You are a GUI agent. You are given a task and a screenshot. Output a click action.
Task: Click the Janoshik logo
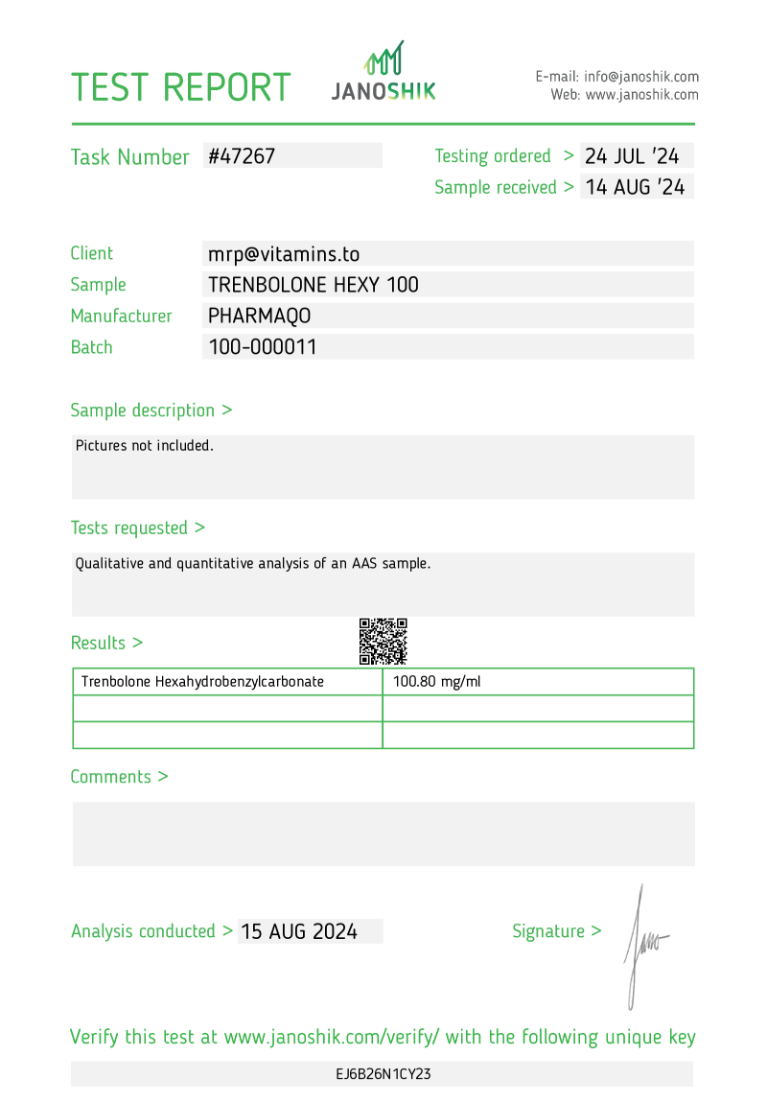click(383, 72)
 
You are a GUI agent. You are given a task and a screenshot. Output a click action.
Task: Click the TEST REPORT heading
click(180, 87)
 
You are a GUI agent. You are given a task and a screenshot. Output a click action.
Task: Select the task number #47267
click(242, 156)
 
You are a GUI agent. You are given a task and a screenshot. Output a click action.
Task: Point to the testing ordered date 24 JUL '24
click(632, 156)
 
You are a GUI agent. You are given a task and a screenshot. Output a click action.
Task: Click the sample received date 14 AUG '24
click(635, 187)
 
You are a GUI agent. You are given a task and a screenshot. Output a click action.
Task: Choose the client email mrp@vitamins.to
click(284, 254)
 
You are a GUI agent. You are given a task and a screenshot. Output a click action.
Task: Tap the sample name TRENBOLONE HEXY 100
click(314, 285)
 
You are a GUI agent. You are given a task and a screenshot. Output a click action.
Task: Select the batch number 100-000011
click(263, 347)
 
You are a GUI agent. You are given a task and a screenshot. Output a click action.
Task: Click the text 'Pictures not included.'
click(145, 445)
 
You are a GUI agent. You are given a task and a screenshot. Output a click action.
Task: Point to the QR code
click(383, 642)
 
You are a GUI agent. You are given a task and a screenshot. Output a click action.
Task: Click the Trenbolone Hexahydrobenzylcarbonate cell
click(202, 682)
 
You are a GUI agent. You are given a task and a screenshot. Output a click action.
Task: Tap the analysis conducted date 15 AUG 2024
click(299, 931)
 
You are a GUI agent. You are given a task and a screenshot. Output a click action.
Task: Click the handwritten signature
click(641, 945)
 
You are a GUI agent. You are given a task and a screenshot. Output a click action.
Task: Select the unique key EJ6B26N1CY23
click(383, 1074)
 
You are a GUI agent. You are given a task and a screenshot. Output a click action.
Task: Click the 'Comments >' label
click(119, 777)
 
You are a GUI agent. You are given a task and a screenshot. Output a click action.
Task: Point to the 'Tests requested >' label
click(137, 528)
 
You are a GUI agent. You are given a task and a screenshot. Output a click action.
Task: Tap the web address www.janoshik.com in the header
click(641, 95)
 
